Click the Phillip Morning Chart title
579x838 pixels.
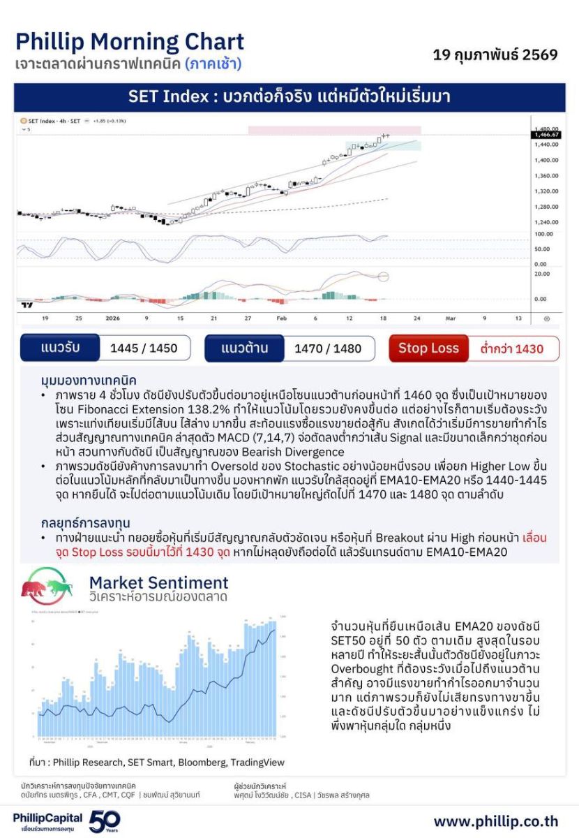tap(130, 42)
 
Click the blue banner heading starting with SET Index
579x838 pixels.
tap(289, 97)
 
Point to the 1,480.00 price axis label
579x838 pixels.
tap(546, 129)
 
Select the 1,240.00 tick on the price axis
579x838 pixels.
tap(546, 221)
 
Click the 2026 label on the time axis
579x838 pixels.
tap(112, 318)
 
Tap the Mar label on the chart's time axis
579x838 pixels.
tap(451, 318)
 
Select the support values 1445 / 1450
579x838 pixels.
tap(144, 348)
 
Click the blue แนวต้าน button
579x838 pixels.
tap(243, 348)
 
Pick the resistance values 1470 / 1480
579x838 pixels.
tap(328, 348)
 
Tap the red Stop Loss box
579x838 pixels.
tap(428, 348)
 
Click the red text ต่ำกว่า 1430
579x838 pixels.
tap(511, 348)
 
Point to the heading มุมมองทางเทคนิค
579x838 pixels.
tap(89, 381)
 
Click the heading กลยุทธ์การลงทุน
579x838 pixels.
tap(86, 522)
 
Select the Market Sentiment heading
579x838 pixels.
tap(158, 582)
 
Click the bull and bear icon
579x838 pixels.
tap(47, 587)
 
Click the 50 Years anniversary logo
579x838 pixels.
tap(105, 820)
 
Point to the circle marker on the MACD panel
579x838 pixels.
tap(383, 277)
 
